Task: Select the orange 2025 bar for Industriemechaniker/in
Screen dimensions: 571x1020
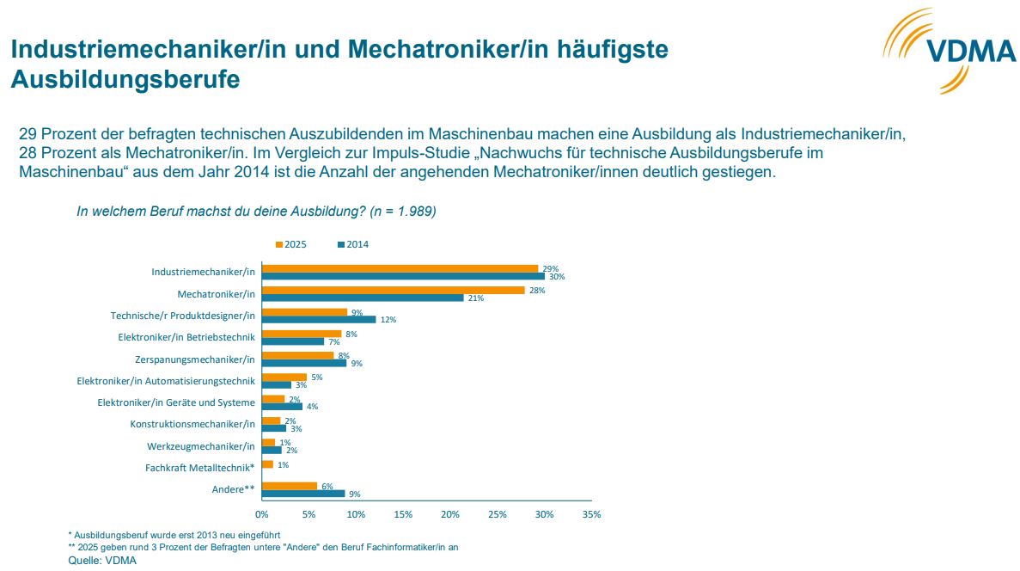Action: pyautogui.click(x=400, y=268)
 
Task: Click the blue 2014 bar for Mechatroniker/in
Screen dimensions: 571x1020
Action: pyautogui.click(x=363, y=298)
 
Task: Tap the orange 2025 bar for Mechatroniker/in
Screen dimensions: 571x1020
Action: pyautogui.click(x=393, y=290)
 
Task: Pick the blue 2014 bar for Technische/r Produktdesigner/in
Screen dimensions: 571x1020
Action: pyautogui.click(x=319, y=319)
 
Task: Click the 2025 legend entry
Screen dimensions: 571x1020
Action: pyautogui.click(x=291, y=245)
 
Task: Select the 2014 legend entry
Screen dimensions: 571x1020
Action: pyautogui.click(x=353, y=245)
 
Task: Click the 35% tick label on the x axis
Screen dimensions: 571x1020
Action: pyautogui.click(x=591, y=514)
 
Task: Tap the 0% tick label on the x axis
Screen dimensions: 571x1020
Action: pyautogui.click(x=261, y=514)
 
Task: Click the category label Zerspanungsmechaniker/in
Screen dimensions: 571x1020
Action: pyautogui.click(x=195, y=359)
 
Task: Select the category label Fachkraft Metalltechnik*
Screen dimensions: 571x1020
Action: pyautogui.click(x=200, y=468)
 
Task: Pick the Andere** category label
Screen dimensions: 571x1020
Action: pyautogui.click(x=234, y=489)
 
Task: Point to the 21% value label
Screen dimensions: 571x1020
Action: pyautogui.click(x=474, y=298)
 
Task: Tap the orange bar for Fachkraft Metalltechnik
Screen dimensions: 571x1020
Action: pyautogui.click(x=267, y=464)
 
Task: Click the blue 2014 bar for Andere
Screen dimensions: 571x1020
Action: pyautogui.click(x=303, y=494)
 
